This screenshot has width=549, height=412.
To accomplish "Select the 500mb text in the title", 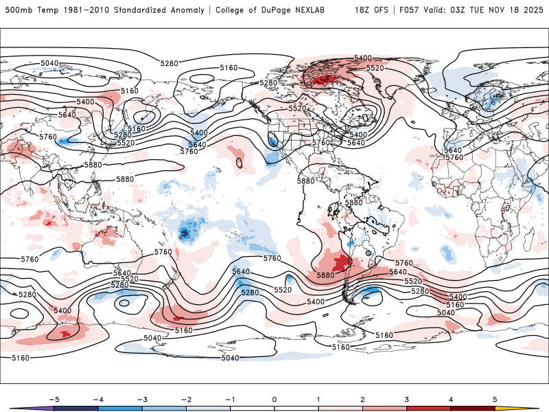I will point(18,10).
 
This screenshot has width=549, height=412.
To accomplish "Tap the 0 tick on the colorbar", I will point(274,399).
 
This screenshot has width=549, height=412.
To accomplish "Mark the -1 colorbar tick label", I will point(230,399).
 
